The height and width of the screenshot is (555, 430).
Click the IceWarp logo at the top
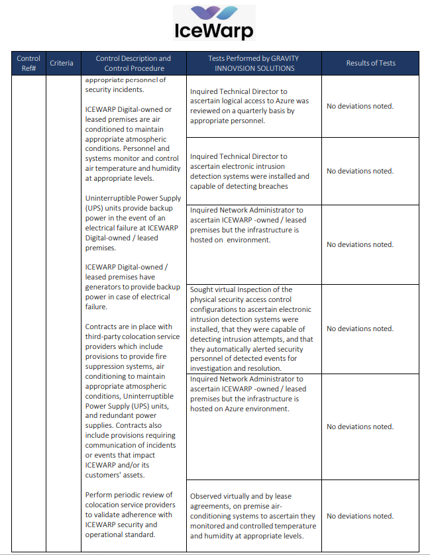pos(215,23)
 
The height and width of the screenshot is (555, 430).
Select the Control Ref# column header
pos(28,63)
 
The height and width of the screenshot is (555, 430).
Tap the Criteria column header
pos(62,63)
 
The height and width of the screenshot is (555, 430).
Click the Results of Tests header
pos(370,63)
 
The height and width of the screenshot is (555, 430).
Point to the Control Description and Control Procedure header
pos(133,63)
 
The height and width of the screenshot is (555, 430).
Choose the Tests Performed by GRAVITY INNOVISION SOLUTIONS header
pos(254,63)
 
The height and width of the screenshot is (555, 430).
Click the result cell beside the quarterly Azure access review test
pos(360,106)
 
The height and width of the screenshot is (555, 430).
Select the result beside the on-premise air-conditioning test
pos(360,516)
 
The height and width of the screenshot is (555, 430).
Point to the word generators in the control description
pos(106,287)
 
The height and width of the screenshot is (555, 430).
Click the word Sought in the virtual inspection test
pos(202,289)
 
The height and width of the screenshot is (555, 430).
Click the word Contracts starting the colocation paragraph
pos(102,327)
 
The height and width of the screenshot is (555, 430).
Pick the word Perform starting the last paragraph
pos(100,495)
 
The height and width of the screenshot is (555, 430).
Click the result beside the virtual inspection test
pos(360,328)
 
